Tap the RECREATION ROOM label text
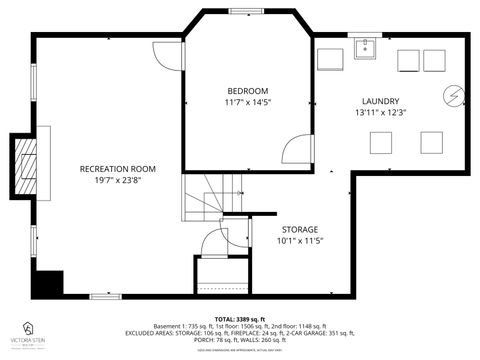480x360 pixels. tap(118, 168)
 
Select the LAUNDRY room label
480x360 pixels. tap(380, 101)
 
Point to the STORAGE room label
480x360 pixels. tap(299, 228)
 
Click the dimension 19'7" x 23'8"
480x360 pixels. tap(118, 181)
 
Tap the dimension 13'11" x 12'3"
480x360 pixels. tap(380, 113)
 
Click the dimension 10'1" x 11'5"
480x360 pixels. tap(299, 241)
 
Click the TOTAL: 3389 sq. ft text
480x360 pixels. tap(239, 318)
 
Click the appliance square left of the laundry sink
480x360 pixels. tap(329, 58)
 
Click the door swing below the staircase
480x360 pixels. tap(214, 243)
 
